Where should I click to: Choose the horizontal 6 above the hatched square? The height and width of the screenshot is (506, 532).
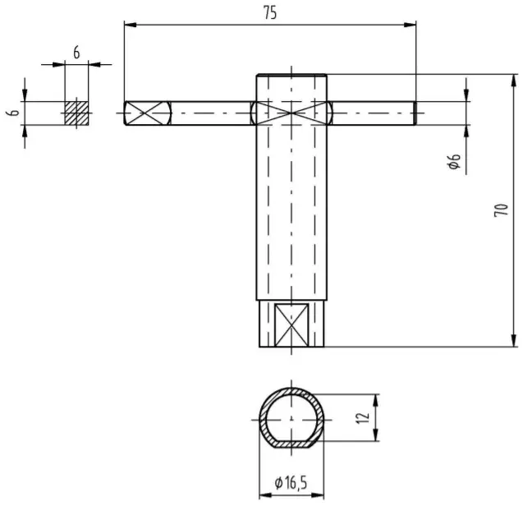[76, 52]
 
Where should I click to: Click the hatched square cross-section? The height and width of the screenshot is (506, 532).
[76, 113]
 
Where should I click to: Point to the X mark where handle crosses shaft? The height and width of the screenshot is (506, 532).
[292, 113]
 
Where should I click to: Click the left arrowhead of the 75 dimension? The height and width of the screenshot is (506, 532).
[128, 25]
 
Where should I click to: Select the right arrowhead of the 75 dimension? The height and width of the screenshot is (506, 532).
[411, 25]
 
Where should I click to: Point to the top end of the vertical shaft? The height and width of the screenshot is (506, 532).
[292, 76]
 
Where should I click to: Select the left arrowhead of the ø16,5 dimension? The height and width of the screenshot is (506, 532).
[264, 495]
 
